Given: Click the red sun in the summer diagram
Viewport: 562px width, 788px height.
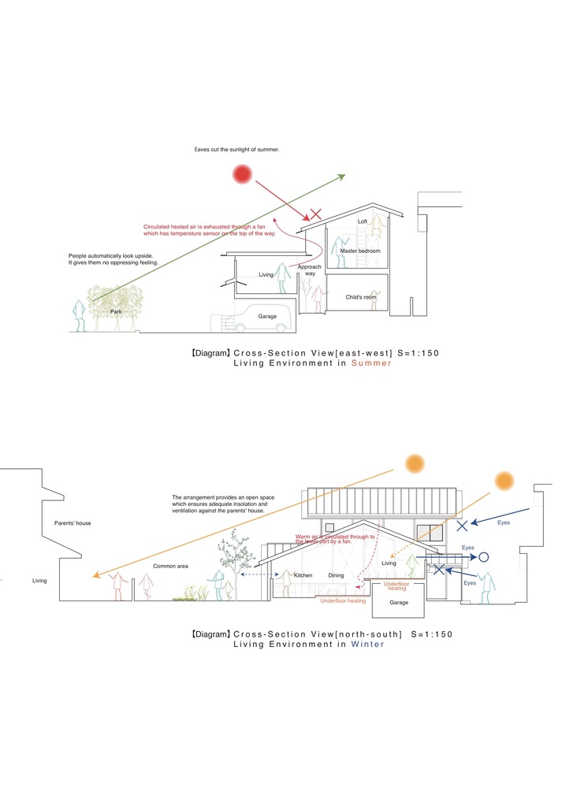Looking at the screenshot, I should [x=242, y=174].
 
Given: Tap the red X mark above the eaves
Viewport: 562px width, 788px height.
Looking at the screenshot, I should [x=315, y=214].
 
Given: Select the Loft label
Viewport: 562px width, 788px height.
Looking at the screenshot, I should [x=362, y=221].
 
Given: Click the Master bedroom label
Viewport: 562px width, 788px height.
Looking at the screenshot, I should [x=360, y=251].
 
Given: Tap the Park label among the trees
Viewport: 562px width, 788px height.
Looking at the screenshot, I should [x=116, y=312].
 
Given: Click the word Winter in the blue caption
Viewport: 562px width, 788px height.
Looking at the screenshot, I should [x=367, y=644].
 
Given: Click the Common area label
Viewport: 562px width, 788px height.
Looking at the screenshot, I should [x=169, y=567].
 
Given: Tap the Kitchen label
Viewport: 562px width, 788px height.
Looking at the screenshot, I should [x=303, y=575].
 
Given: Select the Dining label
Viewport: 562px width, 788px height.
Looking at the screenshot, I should [x=337, y=575].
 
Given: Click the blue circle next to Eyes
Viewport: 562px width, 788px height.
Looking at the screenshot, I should [x=485, y=556].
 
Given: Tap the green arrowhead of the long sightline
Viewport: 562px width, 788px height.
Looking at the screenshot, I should [x=341, y=176].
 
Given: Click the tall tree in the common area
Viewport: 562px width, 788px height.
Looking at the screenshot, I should [x=235, y=555].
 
